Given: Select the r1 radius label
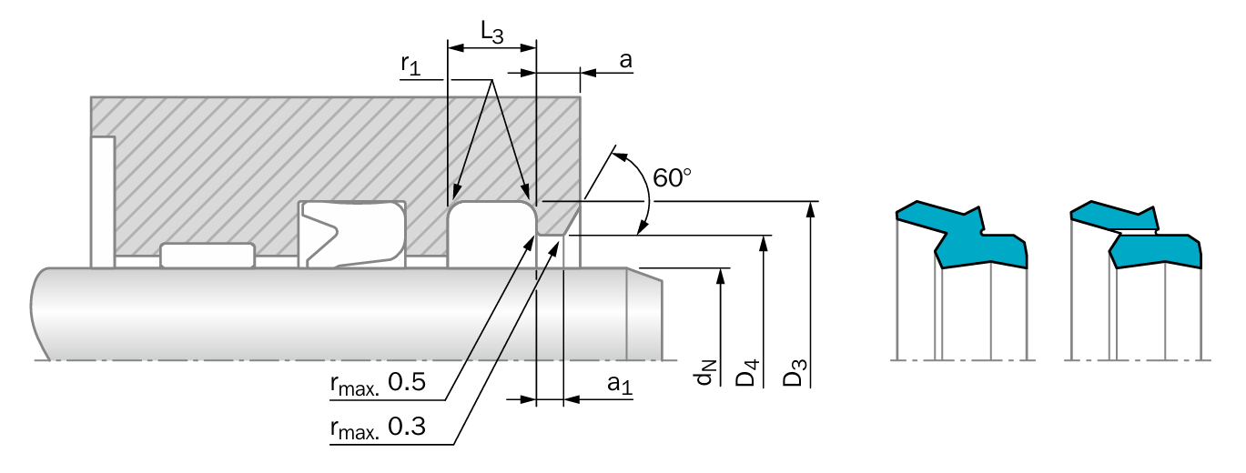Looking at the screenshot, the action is pyautogui.click(x=410, y=65).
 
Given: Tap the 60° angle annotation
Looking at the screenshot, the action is pyautogui.click(x=672, y=178).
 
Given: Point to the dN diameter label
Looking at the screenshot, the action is pyautogui.click(x=704, y=372).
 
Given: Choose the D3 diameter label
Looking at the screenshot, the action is pyautogui.click(x=795, y=372).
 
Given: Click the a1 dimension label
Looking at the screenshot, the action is pyautogui.click(x=620, y=384).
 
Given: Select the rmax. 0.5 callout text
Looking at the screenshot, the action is pyautogui.click(x=378, y=384).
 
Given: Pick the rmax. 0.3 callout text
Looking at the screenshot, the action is pyautogui.click(x=378, y=428).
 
